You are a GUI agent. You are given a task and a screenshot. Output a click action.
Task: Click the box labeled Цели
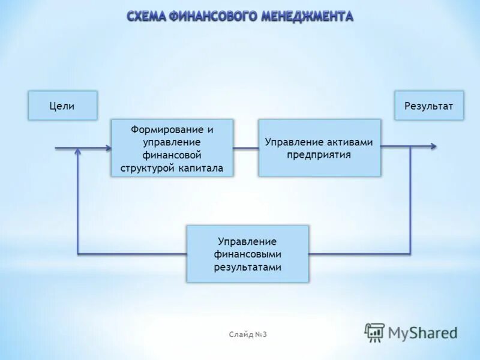(x=62, y=106)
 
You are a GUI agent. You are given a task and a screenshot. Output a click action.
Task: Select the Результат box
(x=429, y=106)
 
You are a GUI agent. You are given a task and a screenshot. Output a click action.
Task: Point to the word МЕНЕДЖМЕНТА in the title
(x=307, y=16)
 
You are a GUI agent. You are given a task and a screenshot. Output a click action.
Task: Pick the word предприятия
(x=319, y=154)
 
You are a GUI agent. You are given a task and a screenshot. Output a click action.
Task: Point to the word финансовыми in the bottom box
(x=247, y=254)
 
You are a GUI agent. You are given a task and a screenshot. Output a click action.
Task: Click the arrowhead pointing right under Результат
(x=433, y=146)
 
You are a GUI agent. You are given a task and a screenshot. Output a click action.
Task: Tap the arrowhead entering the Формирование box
(x=107, y=148)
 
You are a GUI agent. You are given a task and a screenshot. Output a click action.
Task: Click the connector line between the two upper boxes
(x=246, y=148)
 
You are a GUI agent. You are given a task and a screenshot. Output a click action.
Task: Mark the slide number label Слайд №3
(x=247, y=334)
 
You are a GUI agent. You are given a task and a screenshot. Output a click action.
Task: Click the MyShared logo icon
(x=375, y=332)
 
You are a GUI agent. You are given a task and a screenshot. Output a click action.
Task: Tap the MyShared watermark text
(x=423, y=332)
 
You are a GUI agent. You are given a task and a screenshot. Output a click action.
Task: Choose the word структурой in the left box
(x=147, y=169)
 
